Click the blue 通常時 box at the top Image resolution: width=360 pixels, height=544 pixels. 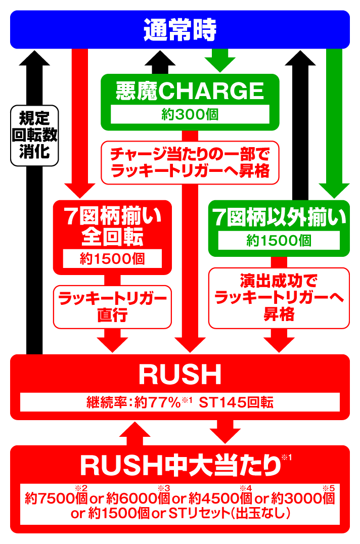(x=179, y=30)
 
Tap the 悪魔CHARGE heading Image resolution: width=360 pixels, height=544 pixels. (x=190, y=91)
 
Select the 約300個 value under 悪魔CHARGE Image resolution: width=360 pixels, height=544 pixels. (x=190, y=114)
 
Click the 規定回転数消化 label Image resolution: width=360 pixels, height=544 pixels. (x=34, y=135)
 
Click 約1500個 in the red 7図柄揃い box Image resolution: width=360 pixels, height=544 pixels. (x=112, y=259)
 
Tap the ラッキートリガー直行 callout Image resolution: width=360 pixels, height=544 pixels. (x=112, y=307)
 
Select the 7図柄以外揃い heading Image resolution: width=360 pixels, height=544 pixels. (x=279, y=218)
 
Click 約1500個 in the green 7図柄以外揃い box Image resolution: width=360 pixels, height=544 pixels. (x=279, y=241)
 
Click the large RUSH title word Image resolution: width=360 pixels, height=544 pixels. (x=180, y=376)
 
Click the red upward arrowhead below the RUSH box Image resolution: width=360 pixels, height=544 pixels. (x=135, y=430)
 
